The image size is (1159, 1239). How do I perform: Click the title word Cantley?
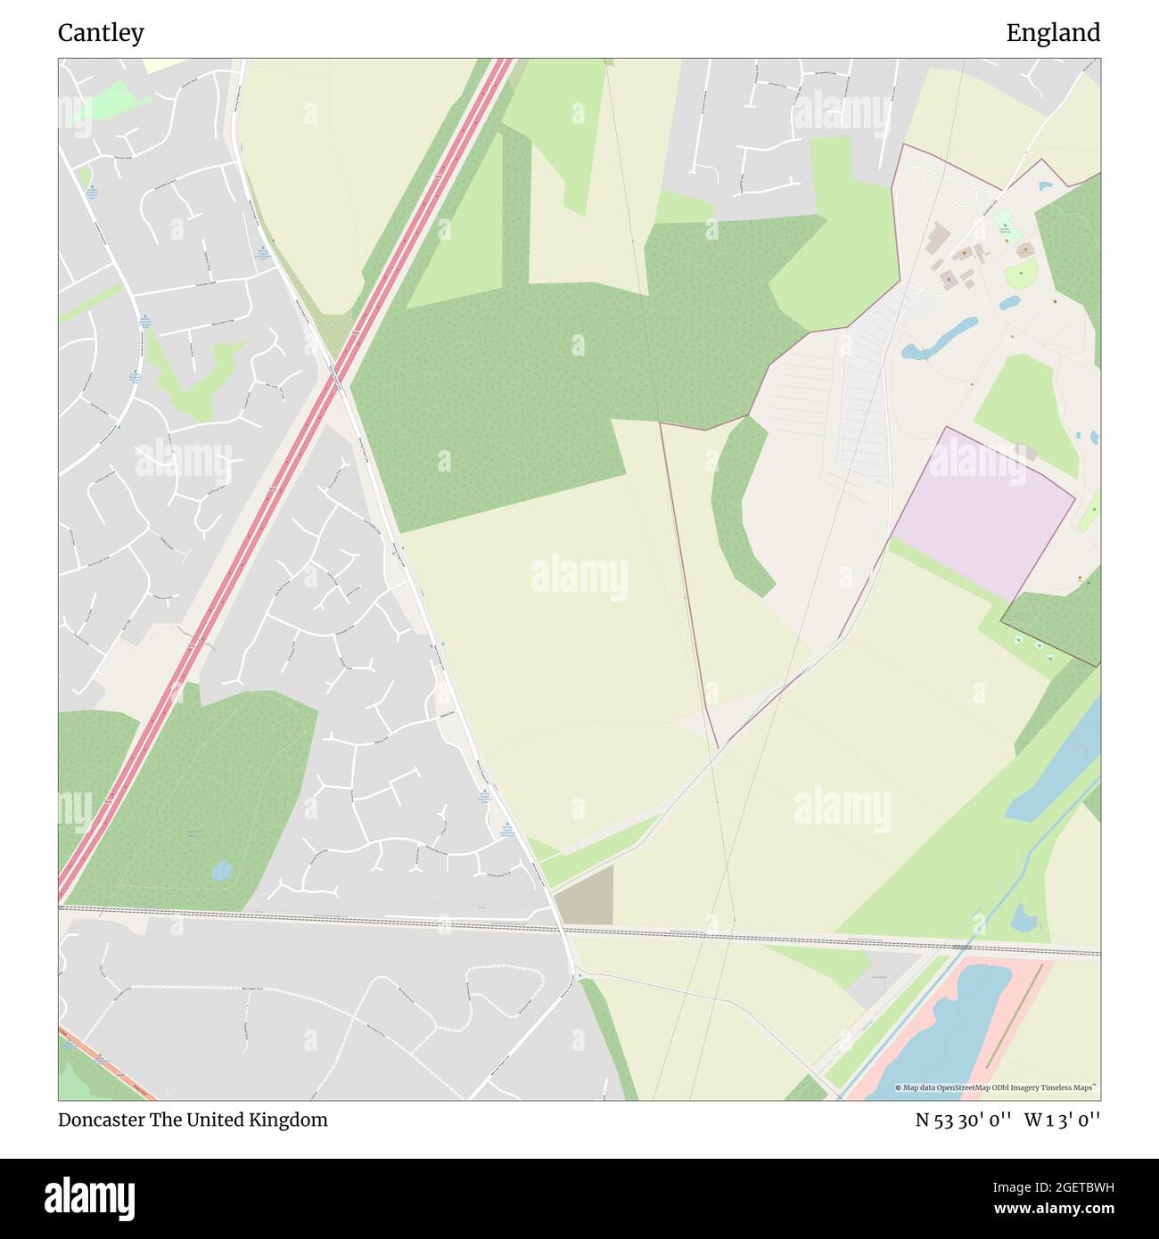click(x=101, y=33)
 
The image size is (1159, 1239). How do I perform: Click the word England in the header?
click(x=1053, y=33)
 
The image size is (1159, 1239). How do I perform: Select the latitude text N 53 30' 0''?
click(x=963, y=1120)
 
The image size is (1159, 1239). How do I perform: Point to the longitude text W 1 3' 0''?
click(x=1062, y=1120)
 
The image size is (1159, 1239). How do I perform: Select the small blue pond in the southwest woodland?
click(x=221, y=869)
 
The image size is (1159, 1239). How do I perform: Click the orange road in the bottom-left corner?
click(x=107, y=1065)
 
